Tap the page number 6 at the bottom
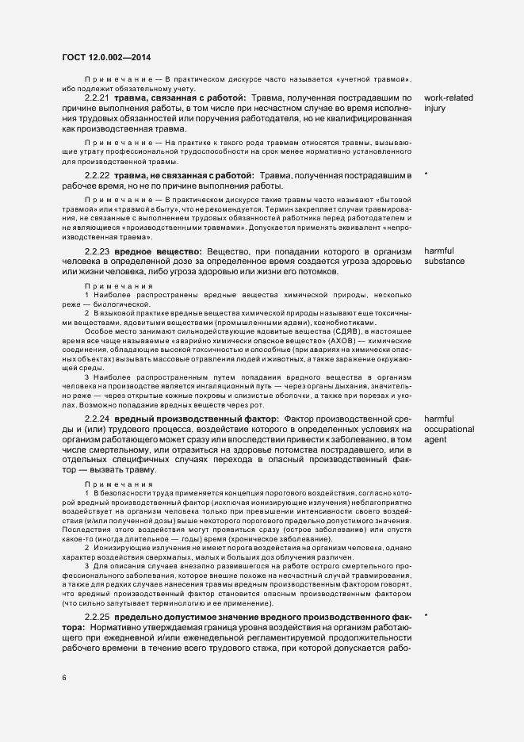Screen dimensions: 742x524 click(x=63, y=677)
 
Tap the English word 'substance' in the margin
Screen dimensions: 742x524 click(x=444, y=262)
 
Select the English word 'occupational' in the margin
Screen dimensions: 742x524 click(x=449, y=429)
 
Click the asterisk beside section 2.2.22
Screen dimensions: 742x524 click(x=426, y=174)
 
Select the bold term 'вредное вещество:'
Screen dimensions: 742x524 click(x=158, y=251)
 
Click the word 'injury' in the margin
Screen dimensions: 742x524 click(x=435, y=109)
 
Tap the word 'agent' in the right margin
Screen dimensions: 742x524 click(x=436, y=440)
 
